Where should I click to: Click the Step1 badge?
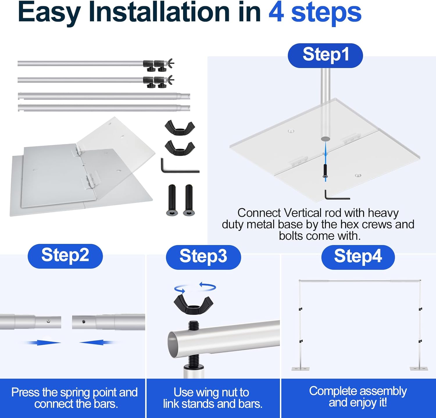click(x=325, y=55)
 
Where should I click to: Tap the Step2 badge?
click(x=65, y=256)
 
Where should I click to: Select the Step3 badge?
click(x=203, y=257)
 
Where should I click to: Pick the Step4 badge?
click(x=358, y=257)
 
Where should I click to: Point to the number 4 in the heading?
click(x=276, y=12)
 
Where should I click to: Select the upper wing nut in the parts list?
click(x=180, y=128)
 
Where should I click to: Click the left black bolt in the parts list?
click(x=172, y=200)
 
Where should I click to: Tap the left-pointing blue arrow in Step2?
click(x=97, y=343)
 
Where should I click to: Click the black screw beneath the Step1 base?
click(x=325, y=171)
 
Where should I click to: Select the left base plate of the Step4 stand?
click(x=301, y=369)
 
